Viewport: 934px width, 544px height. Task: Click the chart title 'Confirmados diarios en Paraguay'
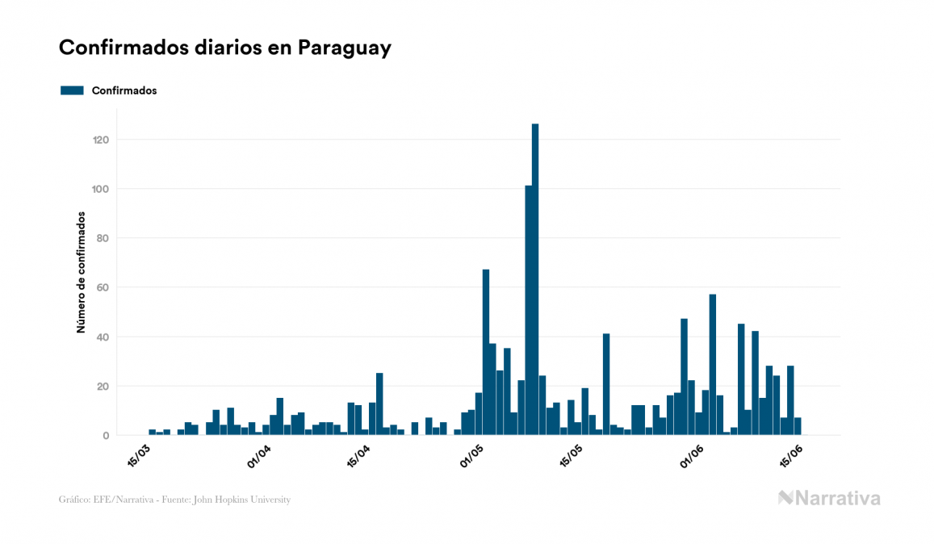click(224, 48)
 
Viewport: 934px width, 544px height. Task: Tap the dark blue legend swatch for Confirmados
click(72, 90)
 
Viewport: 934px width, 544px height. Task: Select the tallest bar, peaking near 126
click(535, 279)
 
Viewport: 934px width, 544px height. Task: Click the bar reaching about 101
click(528, 311)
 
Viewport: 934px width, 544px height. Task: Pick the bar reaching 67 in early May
click(486, 352)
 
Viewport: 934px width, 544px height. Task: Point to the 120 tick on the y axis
click(101, 140)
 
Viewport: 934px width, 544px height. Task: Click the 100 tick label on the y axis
click(101, 189)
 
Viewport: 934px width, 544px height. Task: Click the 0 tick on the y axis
click(106, 436)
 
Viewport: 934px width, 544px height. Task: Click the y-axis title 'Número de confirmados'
click(81, 272)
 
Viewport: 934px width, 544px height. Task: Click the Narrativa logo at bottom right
click(829, 498)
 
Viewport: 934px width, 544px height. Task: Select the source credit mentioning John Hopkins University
click(174, 500)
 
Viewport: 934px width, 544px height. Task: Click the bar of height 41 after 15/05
click(606, 384)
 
